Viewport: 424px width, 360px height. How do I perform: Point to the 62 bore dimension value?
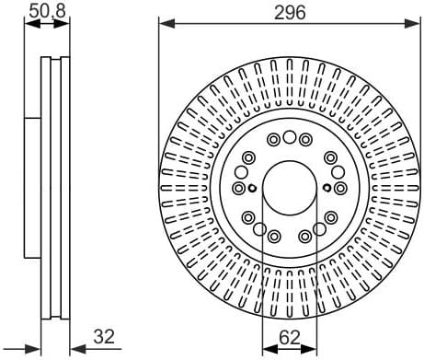(x=290, y=337)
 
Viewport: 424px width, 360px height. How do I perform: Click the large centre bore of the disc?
(x=290, y=188)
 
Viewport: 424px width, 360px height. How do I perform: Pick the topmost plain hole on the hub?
(x=290, y=138)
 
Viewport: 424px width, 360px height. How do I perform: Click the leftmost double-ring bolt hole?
(x=239, y=189)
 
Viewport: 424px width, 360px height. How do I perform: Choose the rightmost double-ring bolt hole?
(x=340, y=188)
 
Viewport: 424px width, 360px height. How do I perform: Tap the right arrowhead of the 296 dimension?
(x=415, y=24)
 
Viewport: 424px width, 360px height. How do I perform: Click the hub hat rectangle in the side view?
(x=32, y=189)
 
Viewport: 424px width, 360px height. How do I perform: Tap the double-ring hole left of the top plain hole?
(x=274, y=140)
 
